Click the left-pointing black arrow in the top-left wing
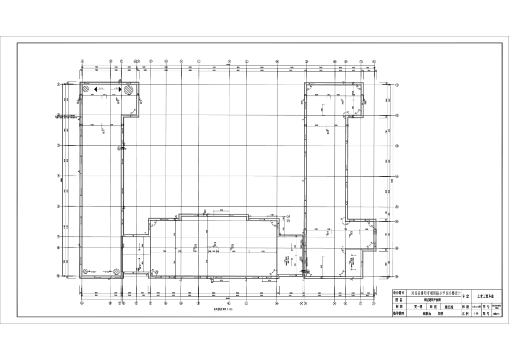pos(94,89)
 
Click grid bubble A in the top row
pos(82,61)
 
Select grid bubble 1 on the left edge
pos(58,84)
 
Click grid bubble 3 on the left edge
pos(58,145)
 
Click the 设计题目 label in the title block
pos(400,293)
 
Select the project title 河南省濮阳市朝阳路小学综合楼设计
pos(436,293)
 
